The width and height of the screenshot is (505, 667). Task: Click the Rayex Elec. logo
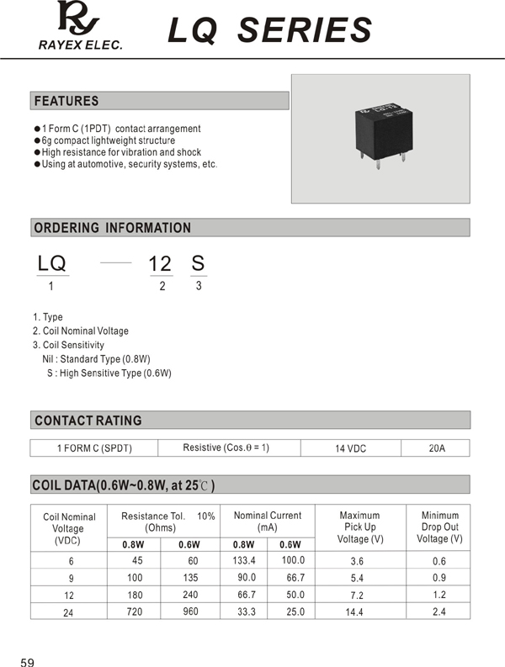point(79,25)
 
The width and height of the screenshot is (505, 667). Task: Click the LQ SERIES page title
point(269,30)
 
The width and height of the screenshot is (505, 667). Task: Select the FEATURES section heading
point(66,101)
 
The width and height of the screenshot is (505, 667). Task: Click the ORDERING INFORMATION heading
point(112,228)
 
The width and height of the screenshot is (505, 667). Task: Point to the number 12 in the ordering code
point(160,263)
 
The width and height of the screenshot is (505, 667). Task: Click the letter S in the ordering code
point(198,263)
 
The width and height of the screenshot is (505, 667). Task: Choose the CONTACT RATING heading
point(88,421)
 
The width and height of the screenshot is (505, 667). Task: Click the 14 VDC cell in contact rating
point(351,448)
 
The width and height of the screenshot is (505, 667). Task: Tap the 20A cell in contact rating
point(436,448)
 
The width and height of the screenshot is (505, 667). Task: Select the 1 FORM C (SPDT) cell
point(94,448)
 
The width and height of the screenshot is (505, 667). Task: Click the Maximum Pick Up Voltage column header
point(359,527)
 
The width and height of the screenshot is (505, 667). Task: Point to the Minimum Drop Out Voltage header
point(439,527)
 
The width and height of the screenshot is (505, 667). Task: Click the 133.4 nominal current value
point(244,560)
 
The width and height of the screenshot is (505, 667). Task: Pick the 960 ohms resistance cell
point(190,611)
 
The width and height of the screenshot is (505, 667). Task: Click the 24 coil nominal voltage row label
point(68,613)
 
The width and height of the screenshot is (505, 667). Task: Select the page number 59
point(28,663)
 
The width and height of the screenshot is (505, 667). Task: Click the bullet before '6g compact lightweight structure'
point(37,140)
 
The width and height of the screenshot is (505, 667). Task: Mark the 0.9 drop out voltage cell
point(439,578)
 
